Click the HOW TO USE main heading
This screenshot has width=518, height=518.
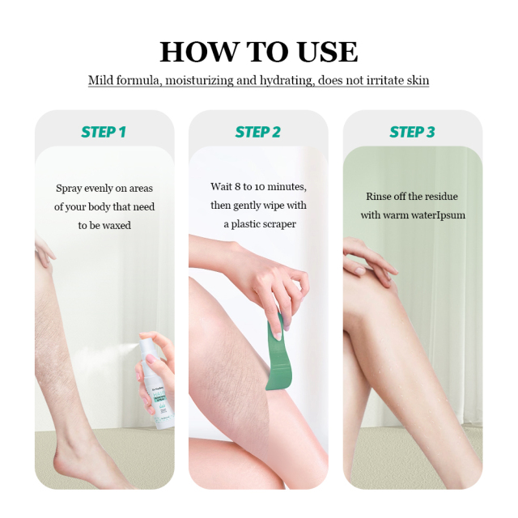(x=258, y=51)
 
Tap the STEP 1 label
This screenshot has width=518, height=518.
(x=104, y=132)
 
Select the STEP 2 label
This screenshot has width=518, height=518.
(x=258, y=132)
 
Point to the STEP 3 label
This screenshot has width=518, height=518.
(x=412, y=132)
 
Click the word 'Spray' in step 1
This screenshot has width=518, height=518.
(x=69, y=189)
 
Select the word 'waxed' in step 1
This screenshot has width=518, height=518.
(x=117, y=226)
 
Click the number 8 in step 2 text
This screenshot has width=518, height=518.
(x=238, y=187)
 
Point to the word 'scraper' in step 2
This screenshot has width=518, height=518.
(x=278, y=224)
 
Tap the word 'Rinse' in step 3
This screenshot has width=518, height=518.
(x=379, y=197)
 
